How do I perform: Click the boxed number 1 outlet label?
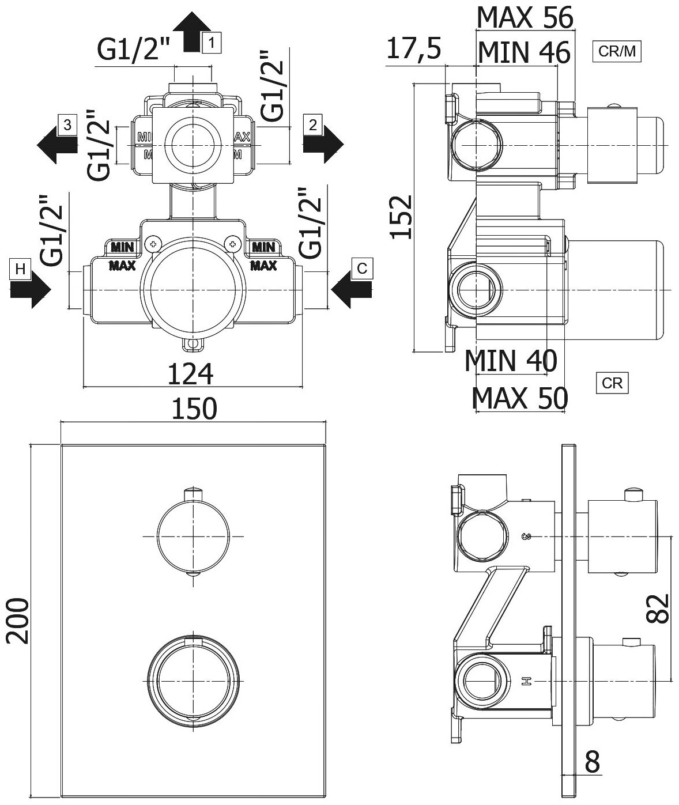tap(212, 42)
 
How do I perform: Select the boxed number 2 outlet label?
tap(312, 124)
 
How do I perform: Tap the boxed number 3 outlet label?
tap(67, 124)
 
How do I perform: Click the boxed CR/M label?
tap(617, 52)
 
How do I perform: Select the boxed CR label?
tap(612, 383)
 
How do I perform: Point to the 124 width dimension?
tap(190, 374)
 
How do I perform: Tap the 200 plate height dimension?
tap(18, 621)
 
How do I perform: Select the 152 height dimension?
tap(401, 217)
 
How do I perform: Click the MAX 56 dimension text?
tap(525, 18)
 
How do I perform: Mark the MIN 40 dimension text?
tap(511, 361)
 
